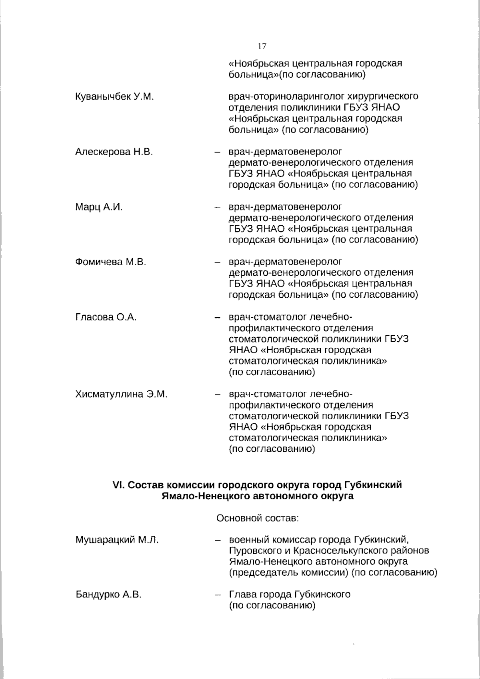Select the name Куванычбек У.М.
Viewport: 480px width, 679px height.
click(115, 97)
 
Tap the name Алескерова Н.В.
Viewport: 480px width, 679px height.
click(114, 152)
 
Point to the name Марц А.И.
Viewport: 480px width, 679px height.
click(99, 207)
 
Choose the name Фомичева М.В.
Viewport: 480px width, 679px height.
click(111, 262)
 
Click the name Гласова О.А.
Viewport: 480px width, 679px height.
click(106, 317)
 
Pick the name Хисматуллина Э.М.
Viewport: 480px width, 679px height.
click(121, 395)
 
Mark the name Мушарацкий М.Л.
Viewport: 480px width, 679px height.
click(117, 540)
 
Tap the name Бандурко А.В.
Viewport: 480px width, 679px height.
click(108, 595)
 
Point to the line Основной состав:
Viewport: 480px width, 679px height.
click(258, 519)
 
